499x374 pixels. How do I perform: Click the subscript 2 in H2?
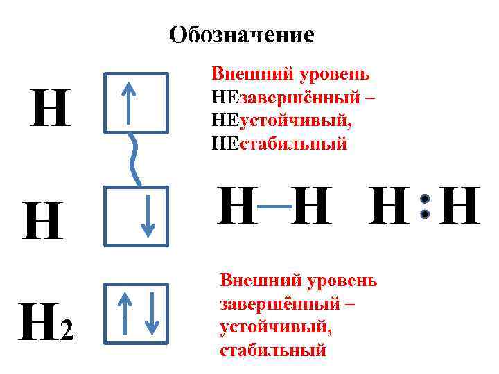coord(66,334)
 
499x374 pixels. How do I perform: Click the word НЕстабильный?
coord(279,144)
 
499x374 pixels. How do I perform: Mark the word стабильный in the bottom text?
coord(272,350)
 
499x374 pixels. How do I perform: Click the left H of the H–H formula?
coord(236,206)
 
